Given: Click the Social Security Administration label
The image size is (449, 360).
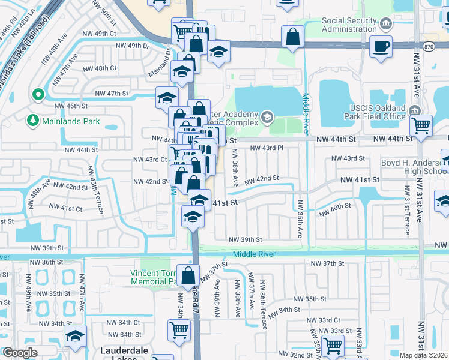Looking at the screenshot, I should (349, 25).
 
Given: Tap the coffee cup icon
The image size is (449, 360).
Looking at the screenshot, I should (381, 46).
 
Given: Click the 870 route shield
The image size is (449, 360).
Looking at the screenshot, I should (429, 45).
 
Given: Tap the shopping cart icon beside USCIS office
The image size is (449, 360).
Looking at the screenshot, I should (421, 126).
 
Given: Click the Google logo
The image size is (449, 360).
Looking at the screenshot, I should (20, 353).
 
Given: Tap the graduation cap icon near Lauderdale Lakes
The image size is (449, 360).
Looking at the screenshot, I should (76, 335).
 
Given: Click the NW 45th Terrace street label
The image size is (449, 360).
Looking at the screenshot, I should (95, 189).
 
